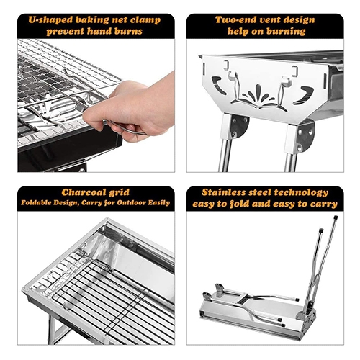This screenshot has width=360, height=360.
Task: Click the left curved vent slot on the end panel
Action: coord(218,84)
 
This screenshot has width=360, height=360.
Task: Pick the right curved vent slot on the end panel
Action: coord(304,94)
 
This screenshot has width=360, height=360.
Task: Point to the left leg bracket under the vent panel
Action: coord(236,127)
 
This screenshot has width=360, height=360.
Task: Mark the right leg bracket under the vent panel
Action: coord(302,136)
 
